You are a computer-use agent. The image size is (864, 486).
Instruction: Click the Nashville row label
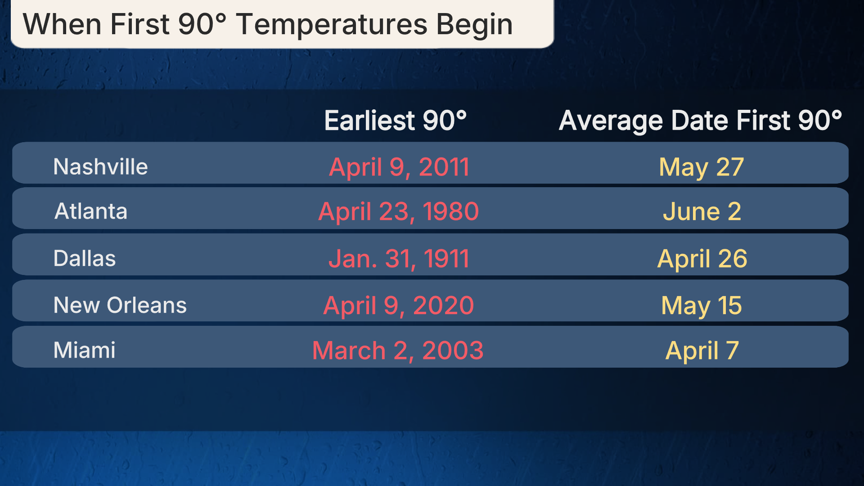point(100,166)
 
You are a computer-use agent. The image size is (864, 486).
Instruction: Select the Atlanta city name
point(91,211)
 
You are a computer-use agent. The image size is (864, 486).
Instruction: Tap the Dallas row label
point(85,258)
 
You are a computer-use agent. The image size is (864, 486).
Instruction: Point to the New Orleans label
point(120,305)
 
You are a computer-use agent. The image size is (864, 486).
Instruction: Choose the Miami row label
point(85,350)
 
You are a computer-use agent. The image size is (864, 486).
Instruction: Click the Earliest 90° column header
point(396,121)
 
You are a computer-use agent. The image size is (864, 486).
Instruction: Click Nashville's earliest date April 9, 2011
point(399,167)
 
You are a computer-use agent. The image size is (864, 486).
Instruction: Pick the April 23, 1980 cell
point(399,212)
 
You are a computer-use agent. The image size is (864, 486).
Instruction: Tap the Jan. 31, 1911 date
point(399,259)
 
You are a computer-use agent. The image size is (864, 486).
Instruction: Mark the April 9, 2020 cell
point(399,306)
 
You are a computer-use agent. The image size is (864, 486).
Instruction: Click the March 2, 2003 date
point(398,351)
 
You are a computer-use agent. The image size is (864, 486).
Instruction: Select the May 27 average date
point(701,168)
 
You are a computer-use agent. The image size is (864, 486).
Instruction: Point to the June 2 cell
point(702,211)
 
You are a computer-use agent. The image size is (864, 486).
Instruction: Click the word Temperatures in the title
point(332,25)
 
